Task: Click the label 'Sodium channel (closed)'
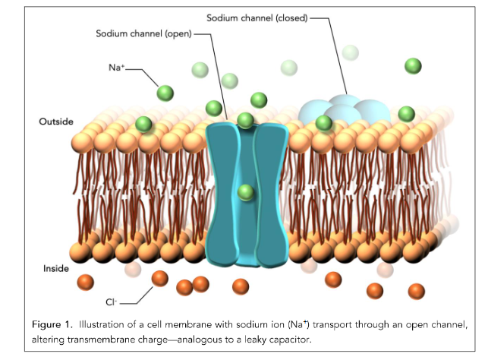pyautogui.click(x=257, y=18)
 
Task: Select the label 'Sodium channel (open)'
pyautogui.click(x=143, y=33)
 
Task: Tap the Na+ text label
pyautogui.click(x=116, y=68)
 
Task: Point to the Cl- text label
pyautogui.click(x=111, y=302)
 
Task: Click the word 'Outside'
pyautogui.click(x=56, y=122)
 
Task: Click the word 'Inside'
pyautogui.click(x=56, y=268)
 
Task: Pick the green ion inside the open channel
pyautogui.click(x=246, y=192)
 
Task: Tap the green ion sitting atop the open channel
pyautogui.click(x=246, y=121)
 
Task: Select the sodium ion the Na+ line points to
pyautogui.click(x=165, y=93)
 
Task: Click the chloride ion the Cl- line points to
pyautogui.click(x=160, y=279)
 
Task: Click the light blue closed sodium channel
pyautogui.click(x=345, y=111)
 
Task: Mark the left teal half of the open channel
pyautogui.click(x=222, y=194)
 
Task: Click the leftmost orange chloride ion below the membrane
pyautogui.click(x=85, y=283)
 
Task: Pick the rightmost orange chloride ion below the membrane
pyautogui.click(x=416, y=292)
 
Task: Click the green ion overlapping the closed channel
pyautogui.click(x=323, y=123)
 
